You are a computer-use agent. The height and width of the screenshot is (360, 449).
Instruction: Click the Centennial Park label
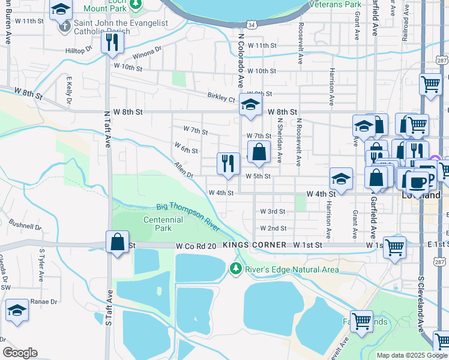pos(163,224)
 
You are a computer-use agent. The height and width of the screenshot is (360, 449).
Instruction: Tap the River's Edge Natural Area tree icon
pos(236,268)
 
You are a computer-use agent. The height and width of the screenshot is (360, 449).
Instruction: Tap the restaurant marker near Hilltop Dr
pos(112,43)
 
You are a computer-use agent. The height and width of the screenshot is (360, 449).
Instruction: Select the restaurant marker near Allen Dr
pos(228,163)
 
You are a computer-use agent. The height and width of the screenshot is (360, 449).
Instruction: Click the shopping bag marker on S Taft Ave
pos(118,242)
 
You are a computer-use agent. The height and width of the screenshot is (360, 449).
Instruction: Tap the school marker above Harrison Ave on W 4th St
pos(341,179)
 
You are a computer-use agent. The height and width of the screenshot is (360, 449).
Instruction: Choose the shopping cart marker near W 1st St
pos(394,247)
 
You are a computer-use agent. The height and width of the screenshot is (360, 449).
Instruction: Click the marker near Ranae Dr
pos(17,310)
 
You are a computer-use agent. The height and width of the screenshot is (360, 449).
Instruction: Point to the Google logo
pos(20,353)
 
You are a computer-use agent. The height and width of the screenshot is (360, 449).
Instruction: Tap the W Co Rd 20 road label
pos(195,245)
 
